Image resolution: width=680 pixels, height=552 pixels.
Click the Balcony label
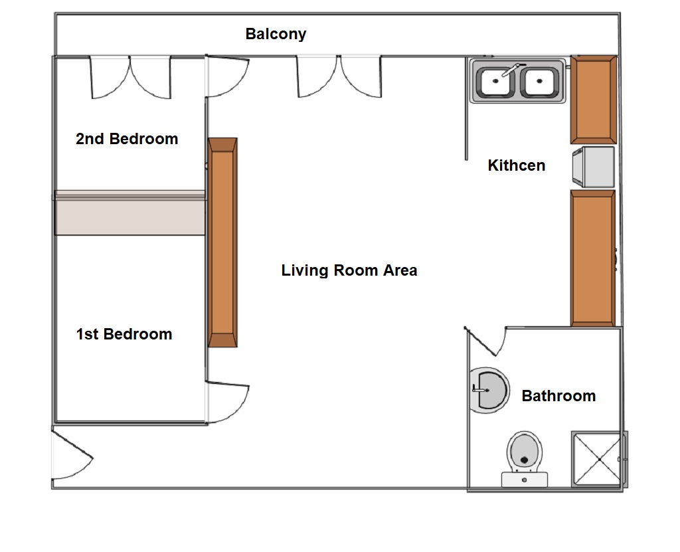276,34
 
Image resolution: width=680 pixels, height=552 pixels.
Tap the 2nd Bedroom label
127,139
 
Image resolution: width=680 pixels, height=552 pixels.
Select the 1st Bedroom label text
124,334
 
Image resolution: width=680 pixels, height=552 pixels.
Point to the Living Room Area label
349,270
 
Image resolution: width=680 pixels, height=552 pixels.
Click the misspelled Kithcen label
517,165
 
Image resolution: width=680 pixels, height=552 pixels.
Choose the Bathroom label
558,396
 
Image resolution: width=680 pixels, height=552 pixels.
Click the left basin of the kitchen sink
495,81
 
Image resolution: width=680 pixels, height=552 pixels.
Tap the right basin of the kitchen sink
539,81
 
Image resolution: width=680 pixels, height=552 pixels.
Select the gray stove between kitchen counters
593,167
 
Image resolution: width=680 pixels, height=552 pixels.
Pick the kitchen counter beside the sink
593,100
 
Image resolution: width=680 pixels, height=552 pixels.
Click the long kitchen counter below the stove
593,258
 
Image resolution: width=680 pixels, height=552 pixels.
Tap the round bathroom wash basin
489,390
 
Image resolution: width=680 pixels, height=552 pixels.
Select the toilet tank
525,480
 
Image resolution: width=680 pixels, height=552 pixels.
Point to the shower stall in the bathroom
599,459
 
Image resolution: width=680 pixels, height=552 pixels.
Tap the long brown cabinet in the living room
222,242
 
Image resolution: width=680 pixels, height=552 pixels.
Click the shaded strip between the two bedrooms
129,213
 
